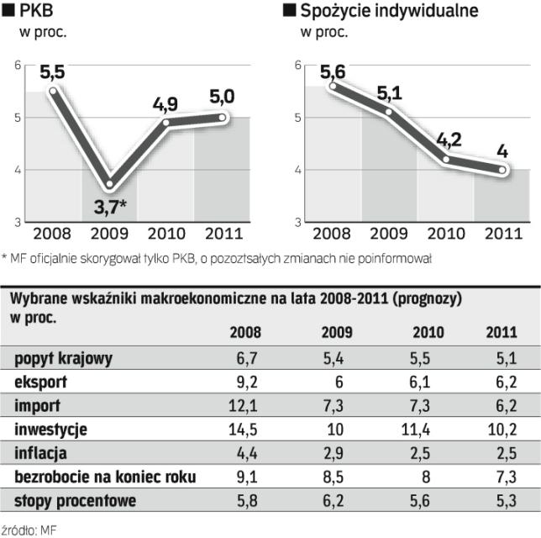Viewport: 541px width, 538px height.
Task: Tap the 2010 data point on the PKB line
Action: point(166,123)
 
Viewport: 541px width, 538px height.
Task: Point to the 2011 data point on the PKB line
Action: point(222,117)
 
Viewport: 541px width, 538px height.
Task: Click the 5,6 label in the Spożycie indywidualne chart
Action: point(334,70)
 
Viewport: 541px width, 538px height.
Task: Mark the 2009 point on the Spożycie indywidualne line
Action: point(390,112)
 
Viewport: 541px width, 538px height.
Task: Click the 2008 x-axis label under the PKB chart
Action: point(52,235)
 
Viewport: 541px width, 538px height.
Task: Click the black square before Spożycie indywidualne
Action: point(291,11)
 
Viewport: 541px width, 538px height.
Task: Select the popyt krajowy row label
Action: point(64,360)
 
